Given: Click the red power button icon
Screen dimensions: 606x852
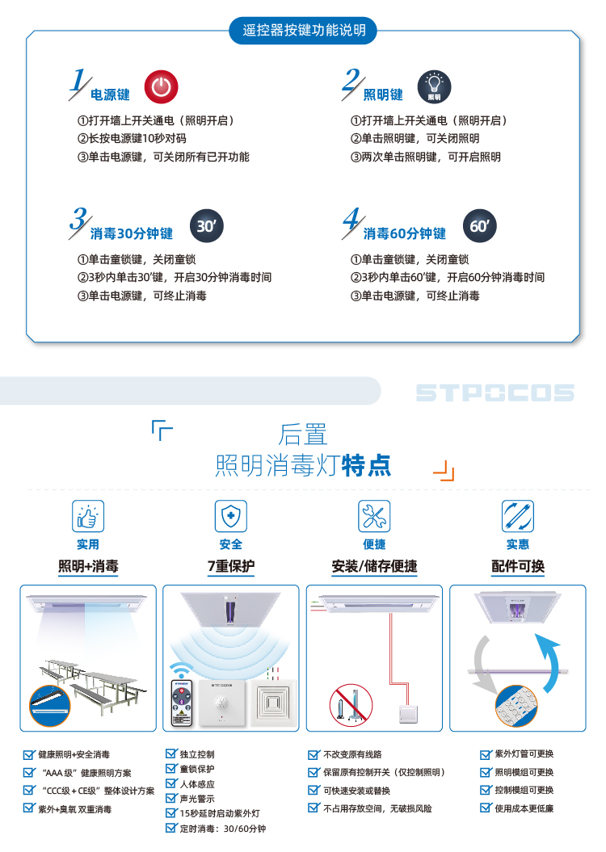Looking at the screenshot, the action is point(161,87).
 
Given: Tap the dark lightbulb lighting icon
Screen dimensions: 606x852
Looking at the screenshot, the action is point(434,87).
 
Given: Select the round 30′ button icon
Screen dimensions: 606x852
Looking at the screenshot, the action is point(207,226).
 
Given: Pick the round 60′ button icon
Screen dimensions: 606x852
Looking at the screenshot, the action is point(480,226).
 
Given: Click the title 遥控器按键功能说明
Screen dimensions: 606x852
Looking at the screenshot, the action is point(303,31).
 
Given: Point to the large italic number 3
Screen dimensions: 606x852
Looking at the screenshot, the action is point(79,220).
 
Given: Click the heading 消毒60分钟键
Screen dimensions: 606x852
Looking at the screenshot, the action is point(404,233).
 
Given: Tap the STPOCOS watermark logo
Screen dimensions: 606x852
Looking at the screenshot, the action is point(494,392).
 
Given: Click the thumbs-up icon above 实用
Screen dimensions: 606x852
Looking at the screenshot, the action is point(88,516).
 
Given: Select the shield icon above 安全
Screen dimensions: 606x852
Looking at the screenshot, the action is point(231,516).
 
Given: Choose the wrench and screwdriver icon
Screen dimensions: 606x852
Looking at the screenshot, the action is point(374,516).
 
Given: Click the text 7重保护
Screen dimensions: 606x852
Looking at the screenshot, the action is point(231,566).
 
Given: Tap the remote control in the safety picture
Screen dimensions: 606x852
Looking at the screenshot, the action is point(182,703).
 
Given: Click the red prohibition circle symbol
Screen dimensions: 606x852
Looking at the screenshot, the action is point(351,705).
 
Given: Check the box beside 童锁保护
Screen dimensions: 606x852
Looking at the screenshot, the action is point(171,769).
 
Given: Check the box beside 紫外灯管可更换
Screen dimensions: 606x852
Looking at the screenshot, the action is point(486,755).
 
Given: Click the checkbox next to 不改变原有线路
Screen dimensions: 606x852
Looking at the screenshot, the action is point(314,755).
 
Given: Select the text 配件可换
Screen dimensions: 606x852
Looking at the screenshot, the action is point(518,566).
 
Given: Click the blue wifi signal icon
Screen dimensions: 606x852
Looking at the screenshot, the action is point(180,669).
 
